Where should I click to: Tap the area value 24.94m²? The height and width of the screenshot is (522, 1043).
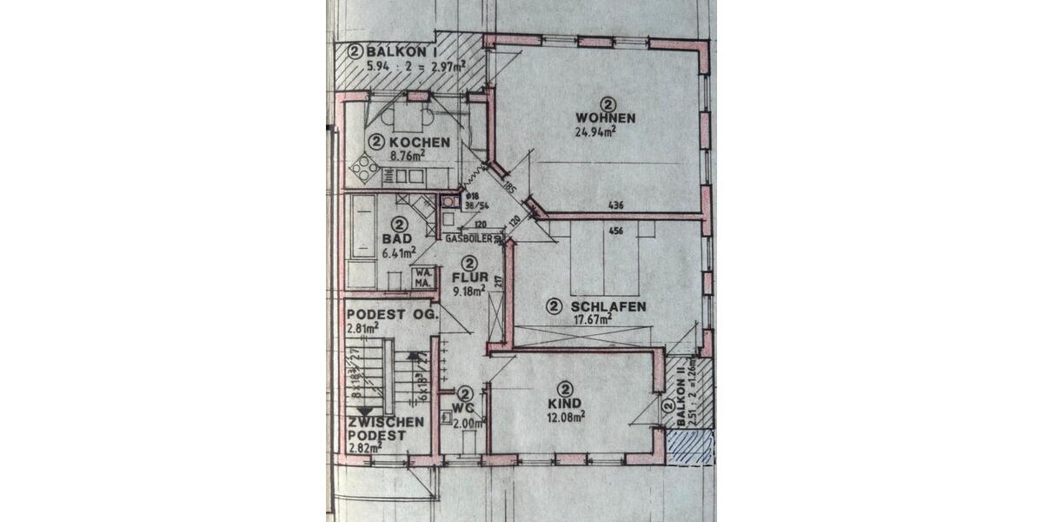pos(595,133)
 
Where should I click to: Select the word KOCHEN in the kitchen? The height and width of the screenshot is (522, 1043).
pos(420,142)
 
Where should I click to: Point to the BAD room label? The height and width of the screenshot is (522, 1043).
pos(398,238)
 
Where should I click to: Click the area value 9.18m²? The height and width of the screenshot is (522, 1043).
pos(469,292)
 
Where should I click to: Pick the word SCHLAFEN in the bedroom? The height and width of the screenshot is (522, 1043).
pos(608,306)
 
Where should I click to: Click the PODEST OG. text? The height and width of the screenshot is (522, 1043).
pos(385,314)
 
